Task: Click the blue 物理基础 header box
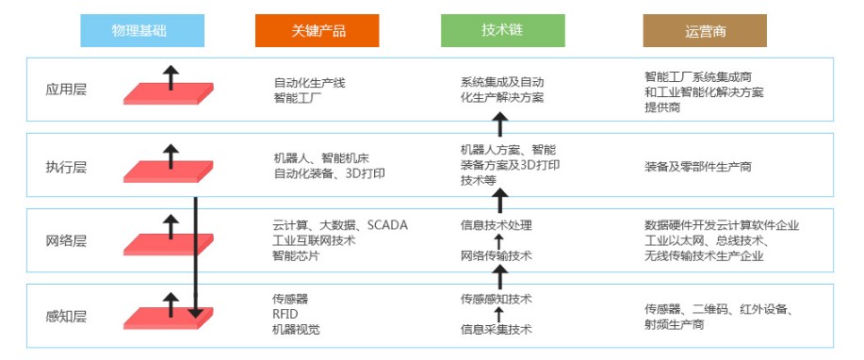[141, 31]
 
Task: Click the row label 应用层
[66, 90]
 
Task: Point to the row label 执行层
[66, 167]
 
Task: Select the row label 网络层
[66, 241]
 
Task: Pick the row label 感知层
[66, 316]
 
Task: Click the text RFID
[285, 314]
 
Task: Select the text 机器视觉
[296, 329]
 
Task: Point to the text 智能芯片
[296, 254]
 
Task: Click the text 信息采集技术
[496, 329]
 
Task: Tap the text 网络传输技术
[496, 255]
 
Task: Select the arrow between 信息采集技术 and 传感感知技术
[499, 314]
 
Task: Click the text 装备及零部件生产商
[697, 167]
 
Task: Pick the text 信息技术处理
[496, 225]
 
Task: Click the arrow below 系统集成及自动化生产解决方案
[500, 123]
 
